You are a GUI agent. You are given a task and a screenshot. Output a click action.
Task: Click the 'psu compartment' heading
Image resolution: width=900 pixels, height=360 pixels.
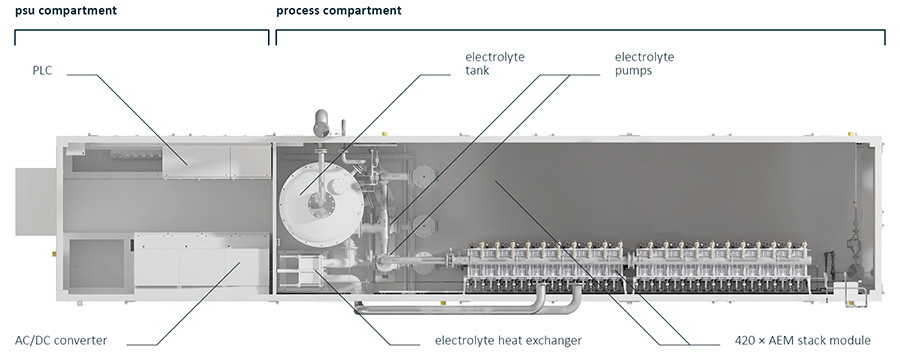(x=66, y=10)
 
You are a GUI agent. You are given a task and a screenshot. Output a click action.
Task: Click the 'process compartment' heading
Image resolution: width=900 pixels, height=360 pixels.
(x=339, y=10)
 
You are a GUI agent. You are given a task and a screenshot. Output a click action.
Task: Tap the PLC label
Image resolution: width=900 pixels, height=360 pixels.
(x=42, y=71)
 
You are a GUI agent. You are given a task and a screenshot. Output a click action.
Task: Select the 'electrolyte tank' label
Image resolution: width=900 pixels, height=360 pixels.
(x=495, y=64)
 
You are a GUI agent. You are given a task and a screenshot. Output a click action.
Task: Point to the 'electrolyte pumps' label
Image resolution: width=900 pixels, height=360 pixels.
(x=645, y=64)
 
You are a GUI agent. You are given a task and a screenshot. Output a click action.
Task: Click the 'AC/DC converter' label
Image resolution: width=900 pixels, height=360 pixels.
(x=61, y=340)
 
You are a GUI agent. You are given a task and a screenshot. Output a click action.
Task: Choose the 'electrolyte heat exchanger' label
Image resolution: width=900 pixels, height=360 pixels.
(x=508, y=340)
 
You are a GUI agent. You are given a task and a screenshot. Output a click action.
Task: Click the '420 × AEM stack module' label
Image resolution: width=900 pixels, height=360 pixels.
(x=802, y=340)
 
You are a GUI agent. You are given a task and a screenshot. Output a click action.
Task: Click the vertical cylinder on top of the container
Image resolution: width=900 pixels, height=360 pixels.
(x=320, y=123)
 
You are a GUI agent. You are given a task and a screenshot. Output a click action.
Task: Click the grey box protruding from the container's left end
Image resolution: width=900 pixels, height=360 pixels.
(x=36, y=201)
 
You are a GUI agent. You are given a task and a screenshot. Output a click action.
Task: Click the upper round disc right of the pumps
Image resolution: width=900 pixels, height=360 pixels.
(x=423, y=177)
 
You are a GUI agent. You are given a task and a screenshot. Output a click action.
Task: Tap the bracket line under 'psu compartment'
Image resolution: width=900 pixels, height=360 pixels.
(x=142, y=31)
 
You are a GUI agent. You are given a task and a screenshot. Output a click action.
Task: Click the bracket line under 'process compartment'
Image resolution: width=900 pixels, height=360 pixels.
(x=580, y=31)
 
